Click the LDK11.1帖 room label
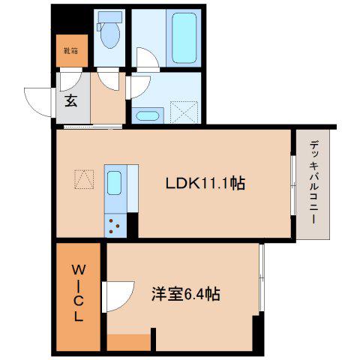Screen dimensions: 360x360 (205, 183)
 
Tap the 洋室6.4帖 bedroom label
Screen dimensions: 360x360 (186, 294)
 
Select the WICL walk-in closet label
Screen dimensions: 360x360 (79, 293)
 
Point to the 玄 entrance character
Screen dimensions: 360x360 (71, 101)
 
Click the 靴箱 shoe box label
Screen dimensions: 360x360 (71, 51)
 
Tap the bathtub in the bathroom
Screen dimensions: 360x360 (184, 38)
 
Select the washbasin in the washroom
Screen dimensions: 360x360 (147, 116)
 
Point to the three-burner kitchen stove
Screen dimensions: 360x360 (115, 226)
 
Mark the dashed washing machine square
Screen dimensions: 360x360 (184, 112)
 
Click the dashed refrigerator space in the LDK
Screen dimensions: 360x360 (84, 179)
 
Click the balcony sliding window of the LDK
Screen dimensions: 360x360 (293, 185)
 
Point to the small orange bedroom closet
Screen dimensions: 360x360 (129, 343)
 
